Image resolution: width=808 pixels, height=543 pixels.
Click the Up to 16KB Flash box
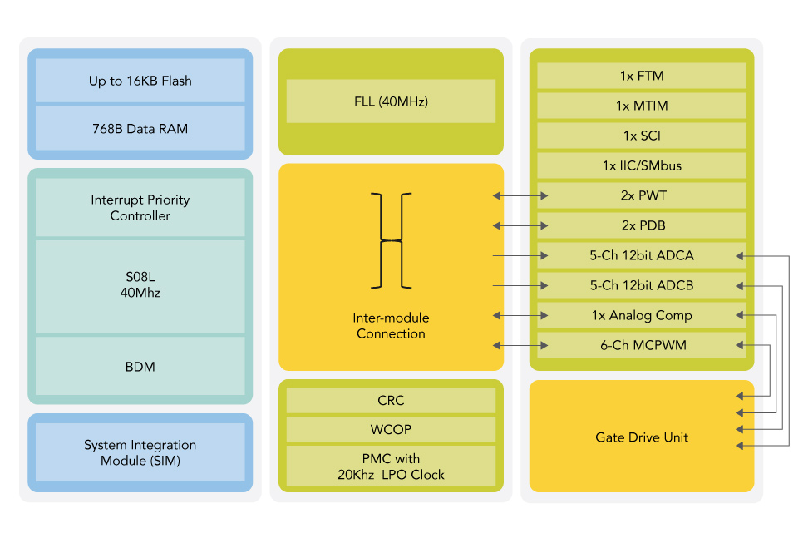pyautogui.click(x=140, y=81)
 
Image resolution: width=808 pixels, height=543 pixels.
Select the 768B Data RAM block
pyautogui.click(x=140, y=128)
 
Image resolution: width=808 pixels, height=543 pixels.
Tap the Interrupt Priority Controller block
pyautogui.click(x=140, y=207)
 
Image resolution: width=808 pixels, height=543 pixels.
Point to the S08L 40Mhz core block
pyautogui.click(x=140, y=286)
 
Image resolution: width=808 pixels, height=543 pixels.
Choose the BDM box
pyautogui.click(x=140, y=366)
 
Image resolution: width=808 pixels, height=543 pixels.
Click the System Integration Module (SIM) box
pyautogui.click(x=140, y=452)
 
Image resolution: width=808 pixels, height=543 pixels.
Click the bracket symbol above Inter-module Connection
pyautogui.click(x=391, y=240)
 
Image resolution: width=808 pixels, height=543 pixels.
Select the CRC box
pyautogui.click(x=391, y=401)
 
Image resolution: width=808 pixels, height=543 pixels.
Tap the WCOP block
pyautogui.click(x=391, y=430)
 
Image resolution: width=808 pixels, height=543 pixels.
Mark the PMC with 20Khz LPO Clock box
pyautogui.click(x=391, y=466)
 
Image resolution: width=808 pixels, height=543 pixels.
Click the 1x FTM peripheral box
pyautogui.click(x=642, y=76)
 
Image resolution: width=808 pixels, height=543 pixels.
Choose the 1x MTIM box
pyautogui.click(x=642, y=106)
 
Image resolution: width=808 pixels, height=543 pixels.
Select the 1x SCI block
pyautogui.click(x=642, y=136)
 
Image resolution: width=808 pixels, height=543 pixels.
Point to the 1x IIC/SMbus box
pyautogui.click(x=642, y=165)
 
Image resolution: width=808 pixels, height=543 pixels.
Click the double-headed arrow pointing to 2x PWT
pyautogui.click(x=520, y=196)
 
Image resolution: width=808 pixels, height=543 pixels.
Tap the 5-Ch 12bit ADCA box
pyautogui.click(x=642, y=255)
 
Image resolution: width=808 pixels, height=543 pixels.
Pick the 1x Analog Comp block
pyautogui.click(x=642, y=315)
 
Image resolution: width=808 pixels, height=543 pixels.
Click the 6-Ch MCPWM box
pyautogui.click(x=642, y=345)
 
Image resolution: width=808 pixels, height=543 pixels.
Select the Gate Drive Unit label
pyautogui.click(x=642, y=437)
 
